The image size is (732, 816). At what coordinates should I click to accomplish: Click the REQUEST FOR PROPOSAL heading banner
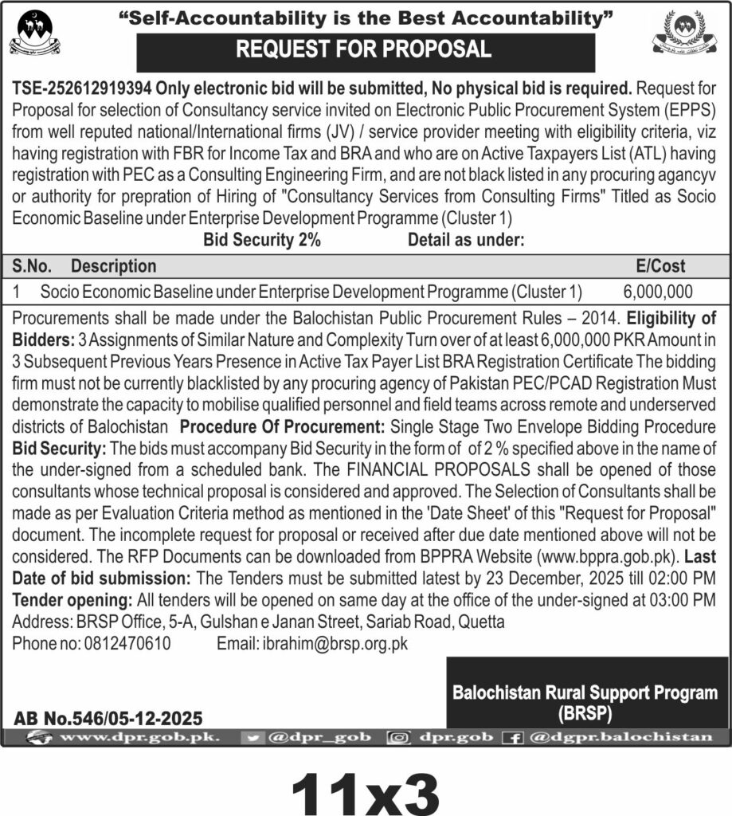(366, 50)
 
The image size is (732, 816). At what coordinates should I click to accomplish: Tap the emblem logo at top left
(34, 33)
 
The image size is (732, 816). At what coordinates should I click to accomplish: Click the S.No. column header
(34, 266)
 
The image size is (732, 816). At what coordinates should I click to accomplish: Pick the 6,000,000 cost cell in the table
(658, 291)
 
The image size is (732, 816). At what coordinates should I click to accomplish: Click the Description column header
(114, 266)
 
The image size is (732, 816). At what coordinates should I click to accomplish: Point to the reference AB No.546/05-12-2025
(108, 718)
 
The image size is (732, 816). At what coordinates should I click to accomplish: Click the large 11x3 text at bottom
(366, 784)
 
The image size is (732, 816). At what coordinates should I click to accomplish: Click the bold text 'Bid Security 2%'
(262, 240)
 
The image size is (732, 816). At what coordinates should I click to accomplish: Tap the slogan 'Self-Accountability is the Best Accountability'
(366, 16)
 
